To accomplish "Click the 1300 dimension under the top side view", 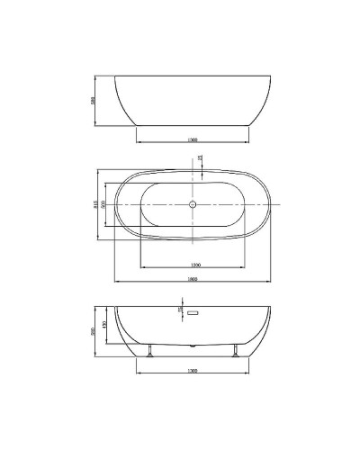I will (x=193, y=140).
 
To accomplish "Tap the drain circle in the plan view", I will (x=193, y=205).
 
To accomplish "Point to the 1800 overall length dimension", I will (x=192, y=278).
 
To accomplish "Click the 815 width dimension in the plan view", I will (x=96, y=205).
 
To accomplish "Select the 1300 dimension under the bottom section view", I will (x=193, y=371).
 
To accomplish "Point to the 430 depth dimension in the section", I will (x=105, y=324).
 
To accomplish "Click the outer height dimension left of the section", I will (x=96, y=330).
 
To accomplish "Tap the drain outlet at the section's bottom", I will (x=193, y=345).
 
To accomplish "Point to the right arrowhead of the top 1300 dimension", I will (x=249, y=144).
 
